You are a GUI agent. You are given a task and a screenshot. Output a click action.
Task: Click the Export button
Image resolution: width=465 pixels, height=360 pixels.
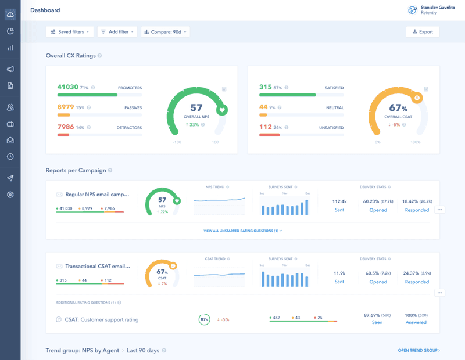(x=423, y=32)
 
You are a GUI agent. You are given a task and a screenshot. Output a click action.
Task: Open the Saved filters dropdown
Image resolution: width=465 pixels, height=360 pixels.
(x=70, y=32)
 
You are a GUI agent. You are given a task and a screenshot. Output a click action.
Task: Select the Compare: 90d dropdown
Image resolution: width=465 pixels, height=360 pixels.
(x=166, y=32)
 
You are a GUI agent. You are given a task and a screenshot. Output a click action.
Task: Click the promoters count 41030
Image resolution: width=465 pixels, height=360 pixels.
(x=67, y=87)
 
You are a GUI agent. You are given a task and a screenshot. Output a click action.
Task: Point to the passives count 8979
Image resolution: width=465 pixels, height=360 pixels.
(x=66, y=107)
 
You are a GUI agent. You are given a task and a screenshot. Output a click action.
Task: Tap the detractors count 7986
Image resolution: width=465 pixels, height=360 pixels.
(x=66, y=127)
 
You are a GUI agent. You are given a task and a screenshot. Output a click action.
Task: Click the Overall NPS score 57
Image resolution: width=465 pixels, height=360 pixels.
(x=196, y=107)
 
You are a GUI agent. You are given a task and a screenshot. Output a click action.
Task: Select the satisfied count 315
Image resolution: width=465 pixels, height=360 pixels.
(x=266, y=87)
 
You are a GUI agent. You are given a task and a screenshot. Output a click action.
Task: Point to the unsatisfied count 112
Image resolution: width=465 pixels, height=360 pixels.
(x=266, y=127)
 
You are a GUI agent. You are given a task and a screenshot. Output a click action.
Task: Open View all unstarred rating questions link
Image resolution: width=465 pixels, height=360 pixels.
(x=242, y=231)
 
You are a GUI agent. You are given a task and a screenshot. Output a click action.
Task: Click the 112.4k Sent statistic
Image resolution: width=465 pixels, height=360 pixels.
(x=339, y=201)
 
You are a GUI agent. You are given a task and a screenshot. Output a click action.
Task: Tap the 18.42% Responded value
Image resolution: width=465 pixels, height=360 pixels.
(x=417, y=201)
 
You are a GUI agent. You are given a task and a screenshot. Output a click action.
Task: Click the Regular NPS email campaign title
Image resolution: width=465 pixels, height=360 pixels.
(x=97, y=195)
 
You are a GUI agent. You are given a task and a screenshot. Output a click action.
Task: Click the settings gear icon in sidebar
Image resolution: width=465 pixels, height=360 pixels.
(x=10, y=195)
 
